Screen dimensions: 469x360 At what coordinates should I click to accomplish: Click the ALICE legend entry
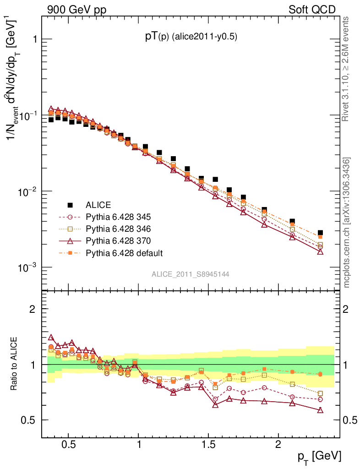98,205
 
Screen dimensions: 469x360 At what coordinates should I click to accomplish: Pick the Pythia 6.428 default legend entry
124,253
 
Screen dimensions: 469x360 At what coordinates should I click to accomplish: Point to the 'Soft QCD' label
312,10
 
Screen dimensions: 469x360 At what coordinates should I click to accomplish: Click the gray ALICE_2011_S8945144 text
191,274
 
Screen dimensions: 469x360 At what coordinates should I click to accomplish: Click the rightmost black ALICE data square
320,233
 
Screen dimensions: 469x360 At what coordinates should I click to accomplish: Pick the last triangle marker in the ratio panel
320,410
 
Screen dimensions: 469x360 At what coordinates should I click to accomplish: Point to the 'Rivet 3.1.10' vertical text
347,69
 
